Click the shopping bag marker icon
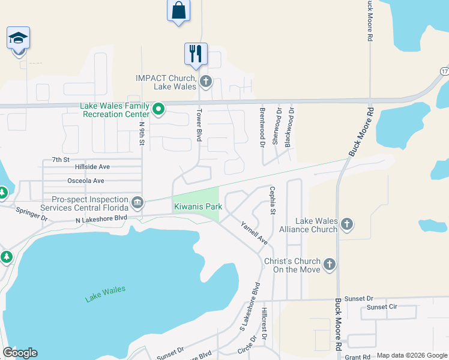178,10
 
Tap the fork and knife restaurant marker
196,53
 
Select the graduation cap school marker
18,38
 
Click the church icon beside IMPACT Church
206,82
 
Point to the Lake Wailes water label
106,293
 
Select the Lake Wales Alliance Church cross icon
346,225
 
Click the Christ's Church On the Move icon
329,265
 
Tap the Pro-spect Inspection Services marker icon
137,202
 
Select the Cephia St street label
273,201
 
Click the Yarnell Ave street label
254,233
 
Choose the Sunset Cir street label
382,307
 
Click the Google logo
20,353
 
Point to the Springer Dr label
31,214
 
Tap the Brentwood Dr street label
262,128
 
